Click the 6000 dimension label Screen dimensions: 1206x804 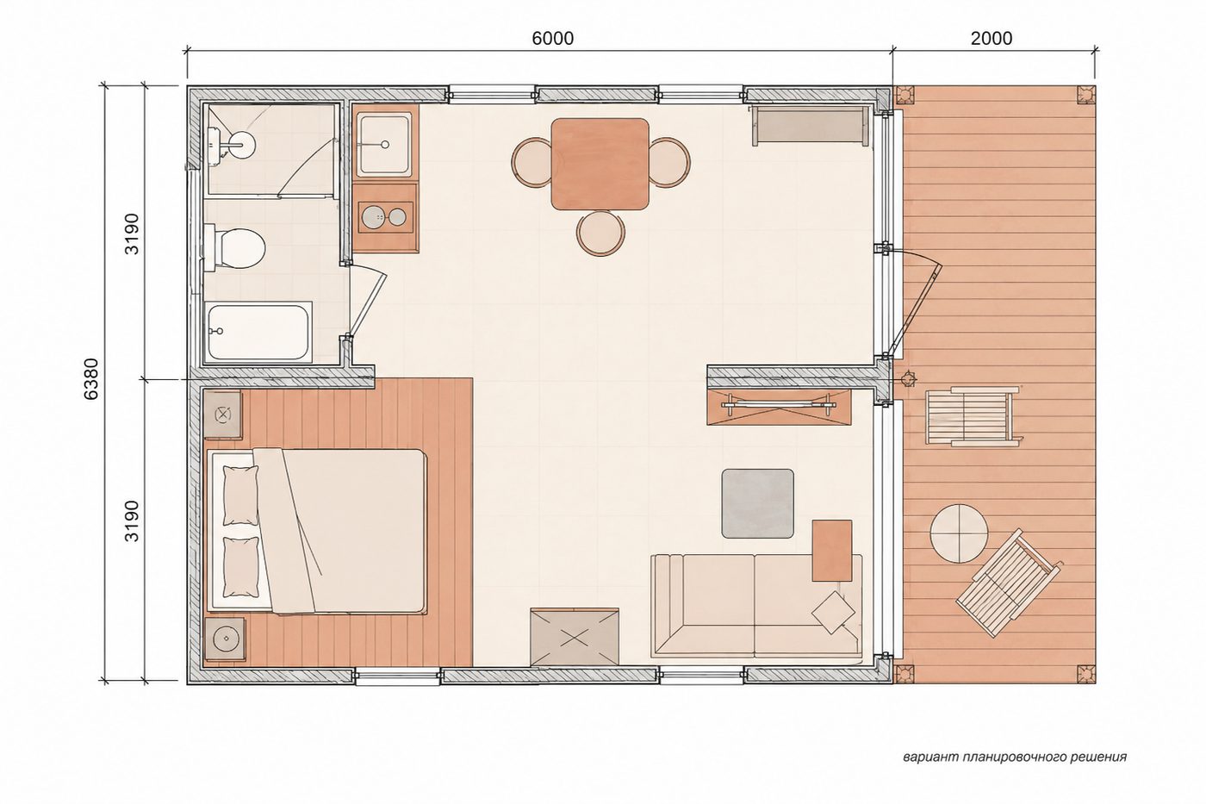coord(552,38)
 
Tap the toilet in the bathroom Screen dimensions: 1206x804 coord(234,249)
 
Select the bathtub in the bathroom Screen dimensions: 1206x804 coord(258,331)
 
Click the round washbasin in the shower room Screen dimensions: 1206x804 coord(239,144)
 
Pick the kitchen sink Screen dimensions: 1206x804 coord(385,144)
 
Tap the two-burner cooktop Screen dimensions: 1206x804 coord(386,217)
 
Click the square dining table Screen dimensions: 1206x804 coord(600,164)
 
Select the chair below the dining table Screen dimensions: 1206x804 coord(601,234)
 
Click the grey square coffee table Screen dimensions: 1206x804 coord(758,503)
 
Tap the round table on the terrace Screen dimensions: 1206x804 coord(959,533)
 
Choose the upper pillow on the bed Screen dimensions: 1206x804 coord(240,495)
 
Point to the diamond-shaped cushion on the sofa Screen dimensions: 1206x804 coord(833,612)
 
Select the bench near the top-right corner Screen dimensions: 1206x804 coord(811,126)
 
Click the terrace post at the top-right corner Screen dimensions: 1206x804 coord(1086,96)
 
